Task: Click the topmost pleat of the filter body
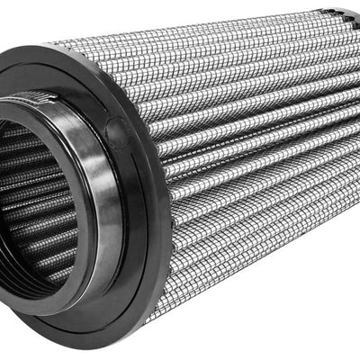pos(225,40)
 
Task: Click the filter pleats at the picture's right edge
pos(351,135)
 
